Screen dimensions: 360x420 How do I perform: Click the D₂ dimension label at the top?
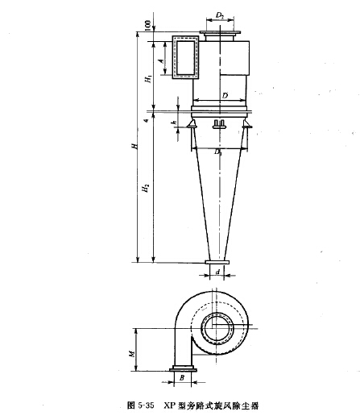[220, 15]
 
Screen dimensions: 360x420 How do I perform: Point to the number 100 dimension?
[148, 26]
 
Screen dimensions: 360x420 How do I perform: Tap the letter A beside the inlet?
[161, 61]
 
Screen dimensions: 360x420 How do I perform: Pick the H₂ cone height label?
[147, 188]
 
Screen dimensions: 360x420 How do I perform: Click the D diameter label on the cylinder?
[225, 95]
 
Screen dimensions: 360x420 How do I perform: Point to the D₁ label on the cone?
[217, 152]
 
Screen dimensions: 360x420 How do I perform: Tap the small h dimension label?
[175, 123]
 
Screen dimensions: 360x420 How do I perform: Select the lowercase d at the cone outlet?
[218, 272]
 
